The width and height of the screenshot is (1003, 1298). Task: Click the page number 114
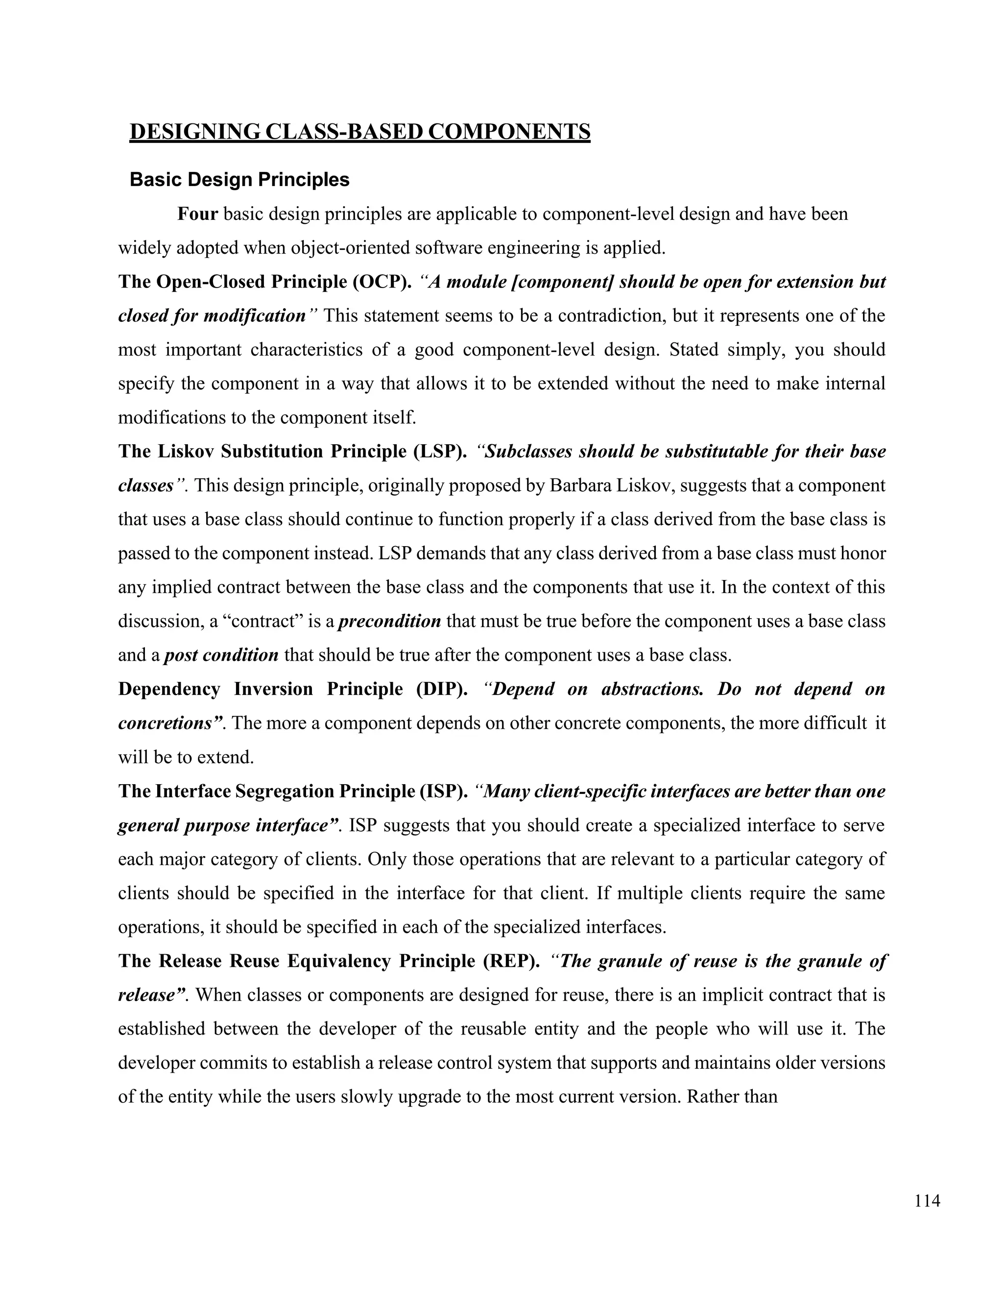928,1201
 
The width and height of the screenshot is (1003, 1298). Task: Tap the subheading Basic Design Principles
239,179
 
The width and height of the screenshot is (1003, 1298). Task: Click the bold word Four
198,214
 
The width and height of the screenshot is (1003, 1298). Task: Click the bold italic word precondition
390,622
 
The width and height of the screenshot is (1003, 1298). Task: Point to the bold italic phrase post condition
221,655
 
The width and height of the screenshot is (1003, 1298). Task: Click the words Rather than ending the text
732,1097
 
